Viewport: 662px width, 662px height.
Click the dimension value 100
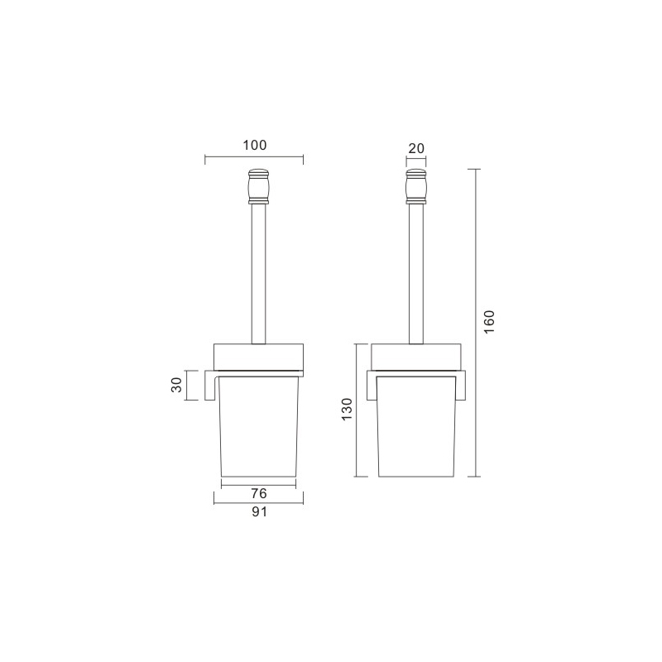pos(255,146)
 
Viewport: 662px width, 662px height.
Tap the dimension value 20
pos(416,148)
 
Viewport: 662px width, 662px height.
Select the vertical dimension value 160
pos(489,322)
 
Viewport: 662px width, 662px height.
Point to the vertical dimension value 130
pos(347,409)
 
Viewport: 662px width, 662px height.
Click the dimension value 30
pos(176,385)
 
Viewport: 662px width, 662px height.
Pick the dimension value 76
pos(259,493)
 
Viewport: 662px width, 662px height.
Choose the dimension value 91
pos(259,511)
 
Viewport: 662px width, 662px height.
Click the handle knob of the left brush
pos(258,185)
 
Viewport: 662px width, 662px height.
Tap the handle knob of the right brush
pos(416,185)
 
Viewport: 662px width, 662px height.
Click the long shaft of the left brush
pos(258,274)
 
